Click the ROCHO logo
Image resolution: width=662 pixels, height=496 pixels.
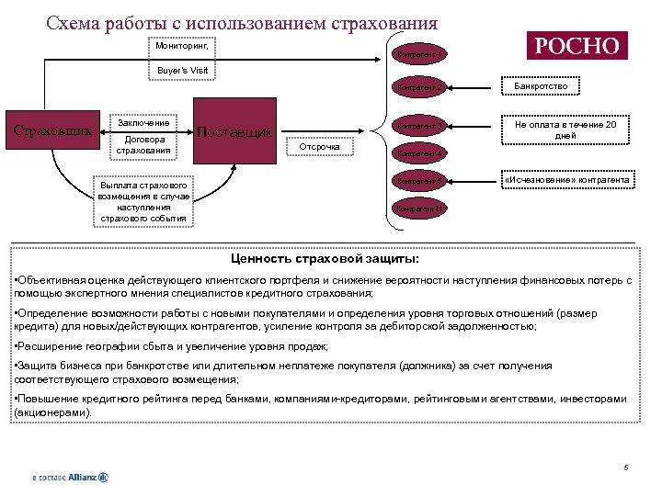point(576,46)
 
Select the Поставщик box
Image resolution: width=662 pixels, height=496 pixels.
point(235,131)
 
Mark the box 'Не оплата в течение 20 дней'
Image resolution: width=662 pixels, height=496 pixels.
point(565,129)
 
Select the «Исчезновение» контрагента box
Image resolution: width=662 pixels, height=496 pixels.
point(566,180)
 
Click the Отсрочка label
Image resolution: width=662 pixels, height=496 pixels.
point(321,146)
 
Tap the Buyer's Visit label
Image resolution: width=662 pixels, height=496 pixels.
point(182,70)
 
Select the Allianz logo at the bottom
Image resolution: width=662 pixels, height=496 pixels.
point(70,477)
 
